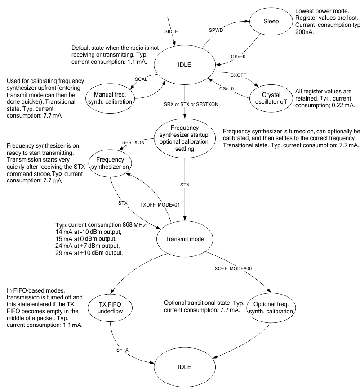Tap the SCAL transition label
coord(141,79)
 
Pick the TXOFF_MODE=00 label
coord(229,268)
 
